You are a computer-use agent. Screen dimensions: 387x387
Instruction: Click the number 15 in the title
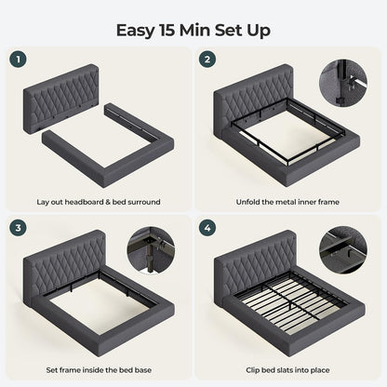click(x=167, y=30)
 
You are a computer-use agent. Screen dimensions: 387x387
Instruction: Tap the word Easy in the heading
click(x=135, y=31)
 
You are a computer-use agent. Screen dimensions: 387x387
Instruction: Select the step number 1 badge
click(x=18, y=60)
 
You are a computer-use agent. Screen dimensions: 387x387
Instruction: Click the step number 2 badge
click(x=207, y=60)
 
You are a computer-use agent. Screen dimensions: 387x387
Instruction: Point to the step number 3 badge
click(x=18, y=228)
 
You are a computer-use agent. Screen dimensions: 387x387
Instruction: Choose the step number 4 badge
click(x=207, y=228)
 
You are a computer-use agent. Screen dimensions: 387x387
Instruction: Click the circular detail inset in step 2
click(x=343, y=84)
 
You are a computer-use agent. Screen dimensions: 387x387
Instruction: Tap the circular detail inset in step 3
click(x=151, y=251)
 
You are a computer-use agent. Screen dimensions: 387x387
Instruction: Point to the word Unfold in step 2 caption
click(x=247, y=202)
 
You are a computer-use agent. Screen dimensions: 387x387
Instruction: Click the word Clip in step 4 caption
click(x=253, y=370)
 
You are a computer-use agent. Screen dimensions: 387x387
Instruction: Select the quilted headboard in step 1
click(x=61, y=99)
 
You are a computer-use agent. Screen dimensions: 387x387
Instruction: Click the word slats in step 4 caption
click(x=283, y=370)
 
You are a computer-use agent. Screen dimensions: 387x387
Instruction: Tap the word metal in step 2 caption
click(x=285, y=202)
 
